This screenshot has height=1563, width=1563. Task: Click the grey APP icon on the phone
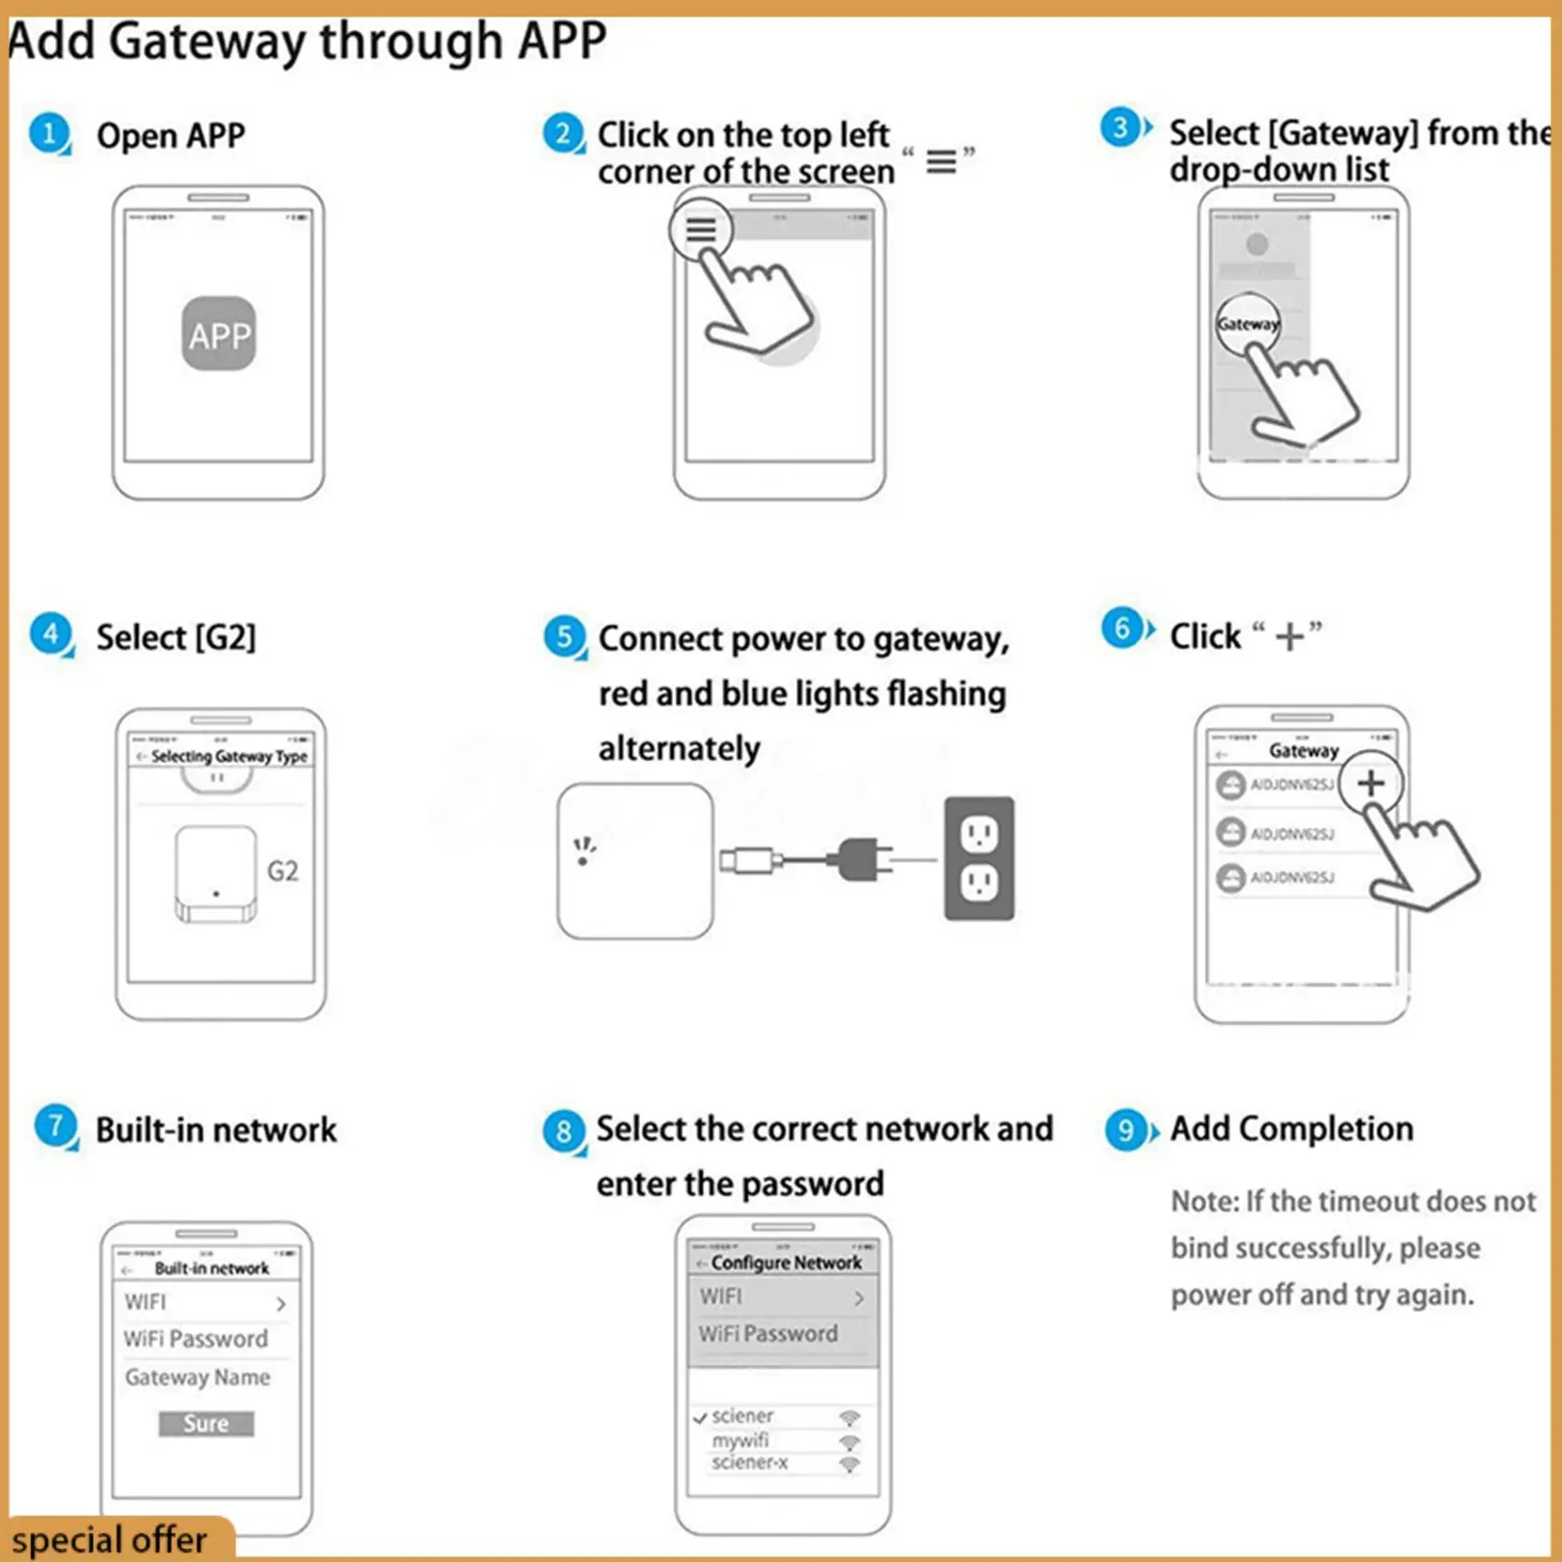[x=219, y=334]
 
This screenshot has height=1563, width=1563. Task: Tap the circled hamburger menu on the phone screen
[x=701, y=229]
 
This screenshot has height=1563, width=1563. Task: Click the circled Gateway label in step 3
[x=1248, y=324]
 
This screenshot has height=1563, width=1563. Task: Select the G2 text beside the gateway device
[x=282, y=871]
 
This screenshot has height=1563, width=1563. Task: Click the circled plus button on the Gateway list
[x=1370, y=783]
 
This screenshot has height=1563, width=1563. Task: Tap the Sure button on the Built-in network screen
[x=206, y=1423]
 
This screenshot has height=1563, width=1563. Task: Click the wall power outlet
[x=979, y=859]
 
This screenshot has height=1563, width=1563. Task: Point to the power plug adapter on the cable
[x=859, y=860]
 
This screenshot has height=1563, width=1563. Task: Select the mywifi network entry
[x=740, y=1441]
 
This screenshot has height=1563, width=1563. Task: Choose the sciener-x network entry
[x=749, y=1463]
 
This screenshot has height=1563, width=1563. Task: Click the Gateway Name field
[x=198, y=1377]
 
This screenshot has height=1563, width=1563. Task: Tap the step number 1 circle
[x=49, y=133]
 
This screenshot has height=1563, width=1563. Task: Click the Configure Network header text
[x=786, y=1262]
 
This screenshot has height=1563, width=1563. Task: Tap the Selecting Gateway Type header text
[x=229, y=756]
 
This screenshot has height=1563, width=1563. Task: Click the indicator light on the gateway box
[x=583, y=861]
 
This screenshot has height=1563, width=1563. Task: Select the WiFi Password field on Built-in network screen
[x=196, y=1339]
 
